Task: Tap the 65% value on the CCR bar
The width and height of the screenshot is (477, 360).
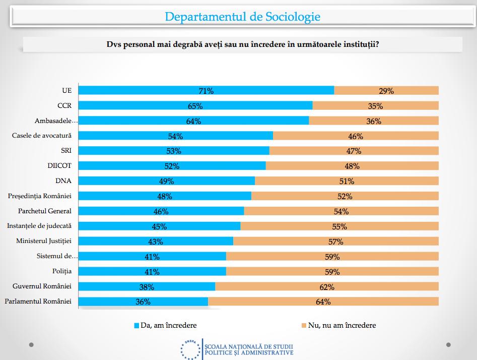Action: (x=195, y=106)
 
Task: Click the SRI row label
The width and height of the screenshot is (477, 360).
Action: (x=65, y=151)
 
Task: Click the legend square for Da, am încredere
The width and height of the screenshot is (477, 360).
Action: (x=136, y=326)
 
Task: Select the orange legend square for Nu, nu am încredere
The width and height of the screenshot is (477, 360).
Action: (x=304, y=326)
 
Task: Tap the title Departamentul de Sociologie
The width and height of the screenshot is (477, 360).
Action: (x=242, y=17)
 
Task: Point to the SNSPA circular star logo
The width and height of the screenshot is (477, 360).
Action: (x=190, y=349)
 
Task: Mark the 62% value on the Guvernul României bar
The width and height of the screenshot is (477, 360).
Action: (x=326, y=287)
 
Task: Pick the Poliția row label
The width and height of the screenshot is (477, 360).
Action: (x=62, y=271)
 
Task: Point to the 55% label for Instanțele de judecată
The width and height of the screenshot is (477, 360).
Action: (x=339, y=226)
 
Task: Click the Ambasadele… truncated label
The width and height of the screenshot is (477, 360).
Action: (x=57, y=121)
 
